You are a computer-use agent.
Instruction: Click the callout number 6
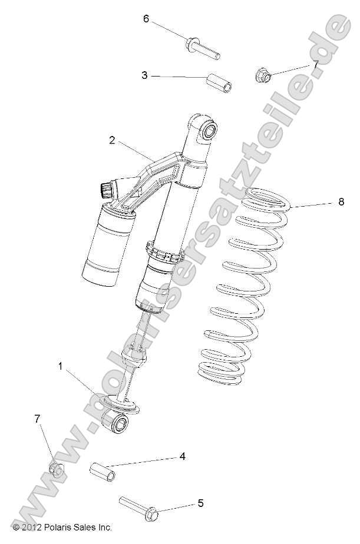[x=146, y=18]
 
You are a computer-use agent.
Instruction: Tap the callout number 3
[x=144, y=75]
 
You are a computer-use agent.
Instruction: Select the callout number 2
[x=111, y=140]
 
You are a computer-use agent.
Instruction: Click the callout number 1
[x=60, y=366]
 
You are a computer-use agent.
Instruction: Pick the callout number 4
[x=183, y=456]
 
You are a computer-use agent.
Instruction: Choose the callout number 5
[x=200, y=503]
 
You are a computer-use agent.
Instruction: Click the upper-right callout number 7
[x=315, y=64]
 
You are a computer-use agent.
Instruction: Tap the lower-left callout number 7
[x=37, y=419]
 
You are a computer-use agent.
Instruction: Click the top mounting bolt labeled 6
[x=203, y=48]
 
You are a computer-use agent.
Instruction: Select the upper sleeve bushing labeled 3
[x=219, y=84]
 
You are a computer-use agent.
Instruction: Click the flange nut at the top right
[x=263, y=75]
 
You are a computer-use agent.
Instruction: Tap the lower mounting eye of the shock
[x=117, y=424]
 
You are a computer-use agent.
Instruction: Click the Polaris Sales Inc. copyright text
[x=62, y=527]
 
